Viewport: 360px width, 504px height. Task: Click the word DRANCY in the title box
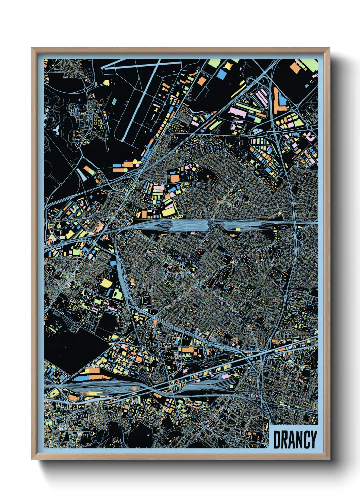295,440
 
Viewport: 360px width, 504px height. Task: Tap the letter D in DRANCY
277,440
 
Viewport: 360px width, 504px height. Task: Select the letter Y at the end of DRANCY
313,440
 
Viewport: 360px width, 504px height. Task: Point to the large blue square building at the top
222,75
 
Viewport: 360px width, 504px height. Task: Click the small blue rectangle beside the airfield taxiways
114,101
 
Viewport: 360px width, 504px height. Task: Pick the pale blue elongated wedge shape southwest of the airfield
82,174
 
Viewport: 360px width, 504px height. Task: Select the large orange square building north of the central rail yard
175,178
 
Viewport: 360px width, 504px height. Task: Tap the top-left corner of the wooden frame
32,48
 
